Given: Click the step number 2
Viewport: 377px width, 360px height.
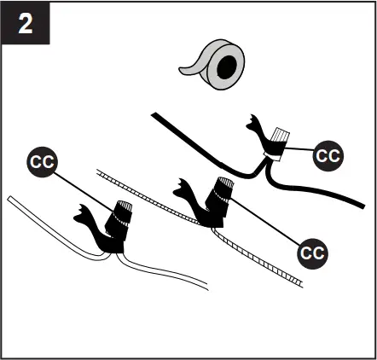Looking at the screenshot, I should tap(26, 24).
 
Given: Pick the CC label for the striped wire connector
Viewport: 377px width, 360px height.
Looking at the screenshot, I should tap(312, 252).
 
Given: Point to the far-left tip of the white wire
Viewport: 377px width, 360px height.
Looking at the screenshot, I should tap(9, 199).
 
